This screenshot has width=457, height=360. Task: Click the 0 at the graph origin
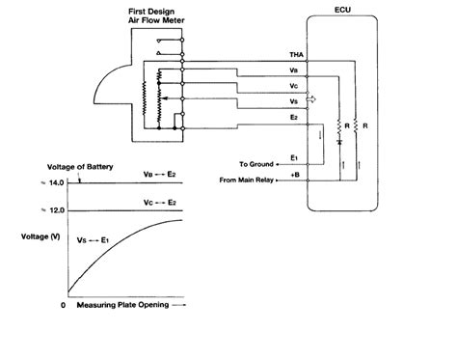[x=63, y=304]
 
